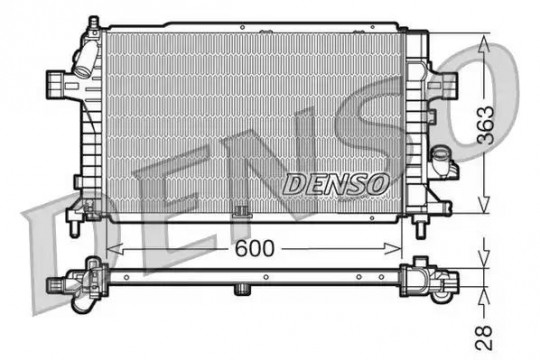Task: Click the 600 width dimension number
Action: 255,248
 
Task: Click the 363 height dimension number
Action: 485,125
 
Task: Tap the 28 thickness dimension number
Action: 484,337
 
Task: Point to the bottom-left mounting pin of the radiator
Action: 75,228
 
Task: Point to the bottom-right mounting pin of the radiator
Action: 420,229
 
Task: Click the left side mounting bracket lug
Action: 56,84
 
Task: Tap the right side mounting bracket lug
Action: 447,86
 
